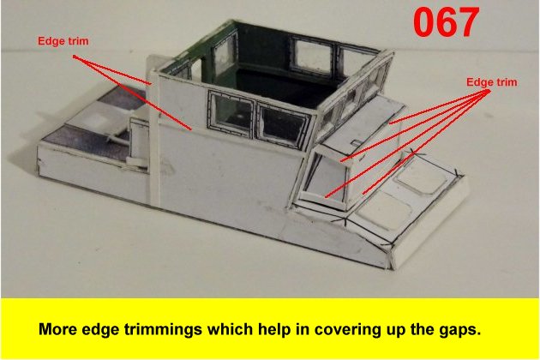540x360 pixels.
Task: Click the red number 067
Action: (446, 22)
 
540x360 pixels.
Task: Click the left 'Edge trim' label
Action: (63, 41)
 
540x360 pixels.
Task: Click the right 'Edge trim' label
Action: (492, 82)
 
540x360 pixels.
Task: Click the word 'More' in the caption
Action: (58, 329)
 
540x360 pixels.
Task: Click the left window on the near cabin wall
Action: (231, 113)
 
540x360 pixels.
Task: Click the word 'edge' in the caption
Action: (102, 330)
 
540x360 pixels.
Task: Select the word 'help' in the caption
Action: (275, 330)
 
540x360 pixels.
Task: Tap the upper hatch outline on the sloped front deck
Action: (423, 177)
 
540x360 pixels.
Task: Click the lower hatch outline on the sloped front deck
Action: (383, 211)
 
